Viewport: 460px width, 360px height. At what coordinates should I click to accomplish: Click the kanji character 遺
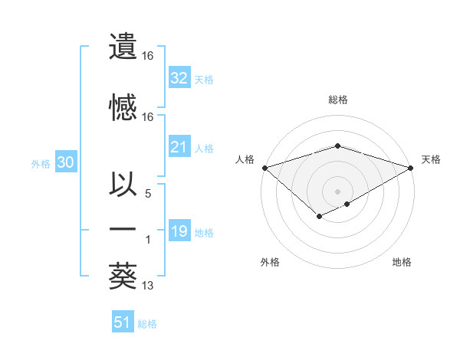[123, 46]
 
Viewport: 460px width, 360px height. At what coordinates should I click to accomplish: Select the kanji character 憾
[123, 106]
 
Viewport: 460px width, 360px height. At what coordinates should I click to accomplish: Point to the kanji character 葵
[123, 275]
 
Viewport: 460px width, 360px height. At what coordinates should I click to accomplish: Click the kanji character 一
[123, 229]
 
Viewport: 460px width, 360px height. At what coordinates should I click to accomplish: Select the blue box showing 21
[179, 147]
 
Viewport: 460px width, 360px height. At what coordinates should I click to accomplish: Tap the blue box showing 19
[179, 231]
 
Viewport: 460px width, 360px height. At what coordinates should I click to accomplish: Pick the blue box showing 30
[65, 162]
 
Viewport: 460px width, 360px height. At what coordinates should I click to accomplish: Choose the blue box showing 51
[123, 322]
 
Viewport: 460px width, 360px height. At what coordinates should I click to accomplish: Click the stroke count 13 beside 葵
[148, 286]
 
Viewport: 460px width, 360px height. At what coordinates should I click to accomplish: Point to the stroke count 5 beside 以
[148, 194]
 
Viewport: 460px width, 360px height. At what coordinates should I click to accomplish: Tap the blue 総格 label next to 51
[147, 324]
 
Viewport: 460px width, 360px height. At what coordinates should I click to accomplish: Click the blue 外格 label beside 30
[41, 164]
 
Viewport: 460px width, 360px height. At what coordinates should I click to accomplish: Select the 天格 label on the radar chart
[432, 159]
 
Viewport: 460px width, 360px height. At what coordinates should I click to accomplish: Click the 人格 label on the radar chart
[245, 159]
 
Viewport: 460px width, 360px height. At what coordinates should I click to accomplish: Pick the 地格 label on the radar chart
[402, 262]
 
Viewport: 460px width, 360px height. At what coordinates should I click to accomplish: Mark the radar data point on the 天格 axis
[411, 167]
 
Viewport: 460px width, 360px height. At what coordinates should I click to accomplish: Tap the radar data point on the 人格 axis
[264, 167]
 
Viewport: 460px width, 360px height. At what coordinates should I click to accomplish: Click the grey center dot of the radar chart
[337, 191]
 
